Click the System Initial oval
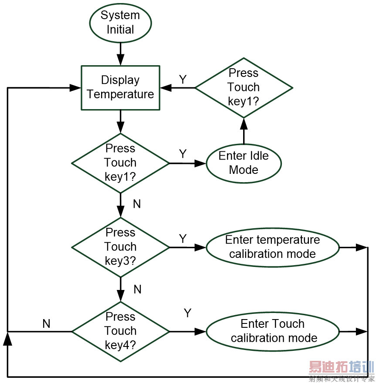click(120, 23)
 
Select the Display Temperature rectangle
click(120, 87)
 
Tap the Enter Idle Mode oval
click(244, 163)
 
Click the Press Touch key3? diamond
click(120, 247)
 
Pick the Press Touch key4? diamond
click(120, 331)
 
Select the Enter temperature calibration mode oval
click(272, 247)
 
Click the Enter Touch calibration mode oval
click(273, 331)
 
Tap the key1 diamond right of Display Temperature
click(244, 87)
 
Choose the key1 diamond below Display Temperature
click(120, 163)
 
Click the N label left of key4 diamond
click(46, 323)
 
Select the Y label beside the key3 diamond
click(183, 238)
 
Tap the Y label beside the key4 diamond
click(188, 313)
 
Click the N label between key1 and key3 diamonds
click(137, 204)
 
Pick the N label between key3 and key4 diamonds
click(138, 290)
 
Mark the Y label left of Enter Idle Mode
click(183, 154)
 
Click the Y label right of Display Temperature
click(183, 79)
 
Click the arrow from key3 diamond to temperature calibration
click(187, 247)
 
